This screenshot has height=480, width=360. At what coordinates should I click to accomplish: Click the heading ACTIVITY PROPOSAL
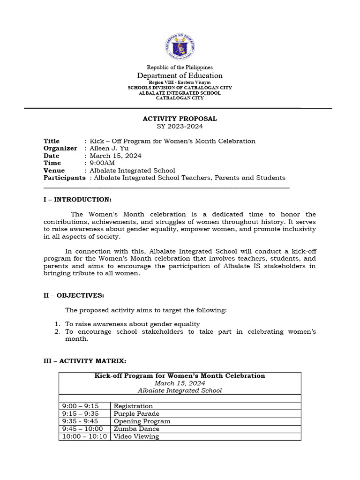pos(180,119)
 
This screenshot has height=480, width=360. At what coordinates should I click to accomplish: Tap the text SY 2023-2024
pos(180,127)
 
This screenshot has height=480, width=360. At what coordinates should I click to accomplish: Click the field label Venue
pos(54,171)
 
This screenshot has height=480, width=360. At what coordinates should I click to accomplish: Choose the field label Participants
pos(64,178)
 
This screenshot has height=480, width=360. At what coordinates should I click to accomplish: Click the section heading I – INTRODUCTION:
pos(77,200)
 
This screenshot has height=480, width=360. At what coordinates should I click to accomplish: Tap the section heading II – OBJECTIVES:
pos(74,295)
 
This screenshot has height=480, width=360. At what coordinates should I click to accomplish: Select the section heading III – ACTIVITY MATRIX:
pos(85,361)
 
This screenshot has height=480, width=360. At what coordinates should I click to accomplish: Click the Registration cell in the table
pos(133,406)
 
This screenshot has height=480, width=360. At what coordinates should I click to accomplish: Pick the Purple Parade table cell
pos(136,414)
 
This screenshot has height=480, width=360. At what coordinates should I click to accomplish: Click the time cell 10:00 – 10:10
pos(84,436)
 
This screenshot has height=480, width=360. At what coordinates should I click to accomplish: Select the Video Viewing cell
pos(136,436)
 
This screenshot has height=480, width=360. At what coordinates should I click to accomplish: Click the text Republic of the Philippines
pos(180,67)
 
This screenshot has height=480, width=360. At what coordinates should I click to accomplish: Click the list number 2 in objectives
pos(57,332)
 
